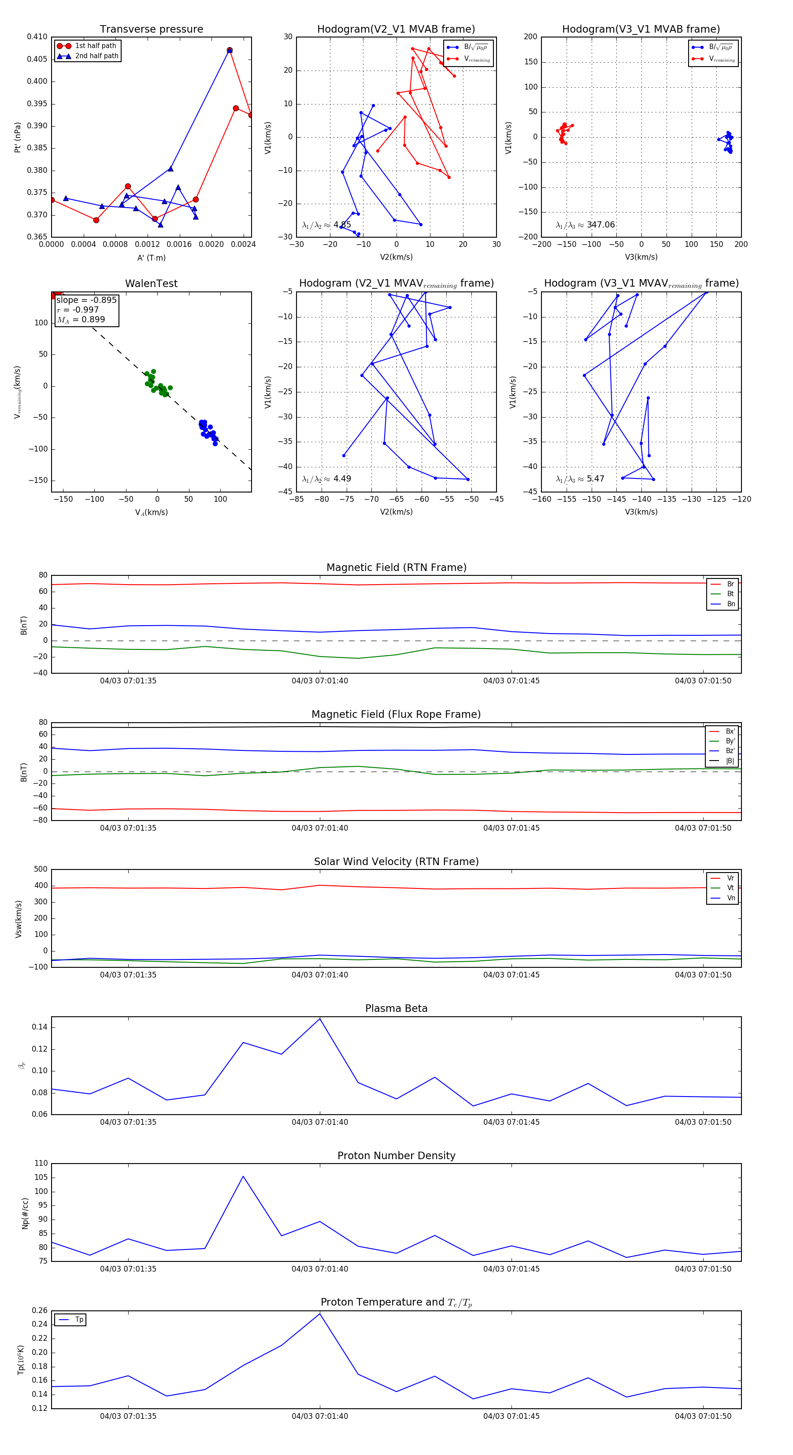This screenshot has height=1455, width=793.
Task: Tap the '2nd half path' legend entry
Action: (96, 56)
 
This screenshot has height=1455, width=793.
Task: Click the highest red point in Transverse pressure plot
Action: (230, 50)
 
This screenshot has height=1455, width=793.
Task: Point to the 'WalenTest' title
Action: (151, 284)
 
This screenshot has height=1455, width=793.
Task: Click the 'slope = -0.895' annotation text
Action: (86, 300)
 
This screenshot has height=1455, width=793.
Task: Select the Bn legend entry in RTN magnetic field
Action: (730, 604)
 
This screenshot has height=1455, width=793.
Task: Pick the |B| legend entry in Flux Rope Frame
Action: (730, 761)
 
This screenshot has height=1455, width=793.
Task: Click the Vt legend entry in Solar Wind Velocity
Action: (730, 888)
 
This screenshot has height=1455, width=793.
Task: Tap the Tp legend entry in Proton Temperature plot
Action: (79, 1320)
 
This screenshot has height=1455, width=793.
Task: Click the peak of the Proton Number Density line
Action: (243, 1176)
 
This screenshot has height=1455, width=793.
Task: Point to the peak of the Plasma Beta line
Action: (320, 1019)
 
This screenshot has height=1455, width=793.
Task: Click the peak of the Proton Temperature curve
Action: (320, 1314)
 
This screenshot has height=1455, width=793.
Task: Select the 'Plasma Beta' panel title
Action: (396, 1008)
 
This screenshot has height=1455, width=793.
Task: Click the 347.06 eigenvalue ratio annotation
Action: (600, 225)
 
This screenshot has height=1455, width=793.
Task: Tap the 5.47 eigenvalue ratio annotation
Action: (595, 479)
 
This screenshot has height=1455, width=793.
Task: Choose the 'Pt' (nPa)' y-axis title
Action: (18, 137)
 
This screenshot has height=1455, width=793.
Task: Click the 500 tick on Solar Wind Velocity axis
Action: (41, 869)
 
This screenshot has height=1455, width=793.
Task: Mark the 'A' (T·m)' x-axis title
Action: (151, 257)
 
